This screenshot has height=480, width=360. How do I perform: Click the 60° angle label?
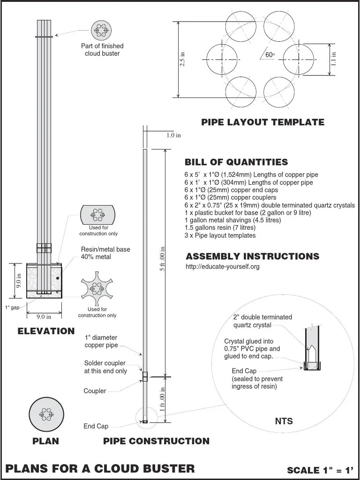270,55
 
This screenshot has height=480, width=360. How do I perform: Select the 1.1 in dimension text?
334,59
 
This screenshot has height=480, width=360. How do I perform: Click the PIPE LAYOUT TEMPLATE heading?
262,122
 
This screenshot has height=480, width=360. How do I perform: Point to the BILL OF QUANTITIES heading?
236,162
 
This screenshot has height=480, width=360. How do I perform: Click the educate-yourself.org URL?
223,266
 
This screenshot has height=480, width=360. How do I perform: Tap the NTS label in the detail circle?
284,421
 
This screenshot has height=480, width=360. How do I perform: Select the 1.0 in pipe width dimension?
173,135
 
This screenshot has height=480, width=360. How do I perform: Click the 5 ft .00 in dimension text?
163,259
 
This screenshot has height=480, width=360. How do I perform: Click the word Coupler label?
95,391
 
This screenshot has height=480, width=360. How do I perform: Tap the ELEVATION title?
46,331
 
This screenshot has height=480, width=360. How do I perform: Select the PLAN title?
46,441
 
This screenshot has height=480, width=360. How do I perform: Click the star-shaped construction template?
97,288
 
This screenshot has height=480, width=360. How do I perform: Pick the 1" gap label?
12,307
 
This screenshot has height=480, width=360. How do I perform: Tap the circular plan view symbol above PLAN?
46,414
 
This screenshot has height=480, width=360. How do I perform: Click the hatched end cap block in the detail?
312,366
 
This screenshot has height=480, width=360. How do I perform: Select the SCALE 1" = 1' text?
321,470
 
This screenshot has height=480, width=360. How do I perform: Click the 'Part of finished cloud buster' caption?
102,50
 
